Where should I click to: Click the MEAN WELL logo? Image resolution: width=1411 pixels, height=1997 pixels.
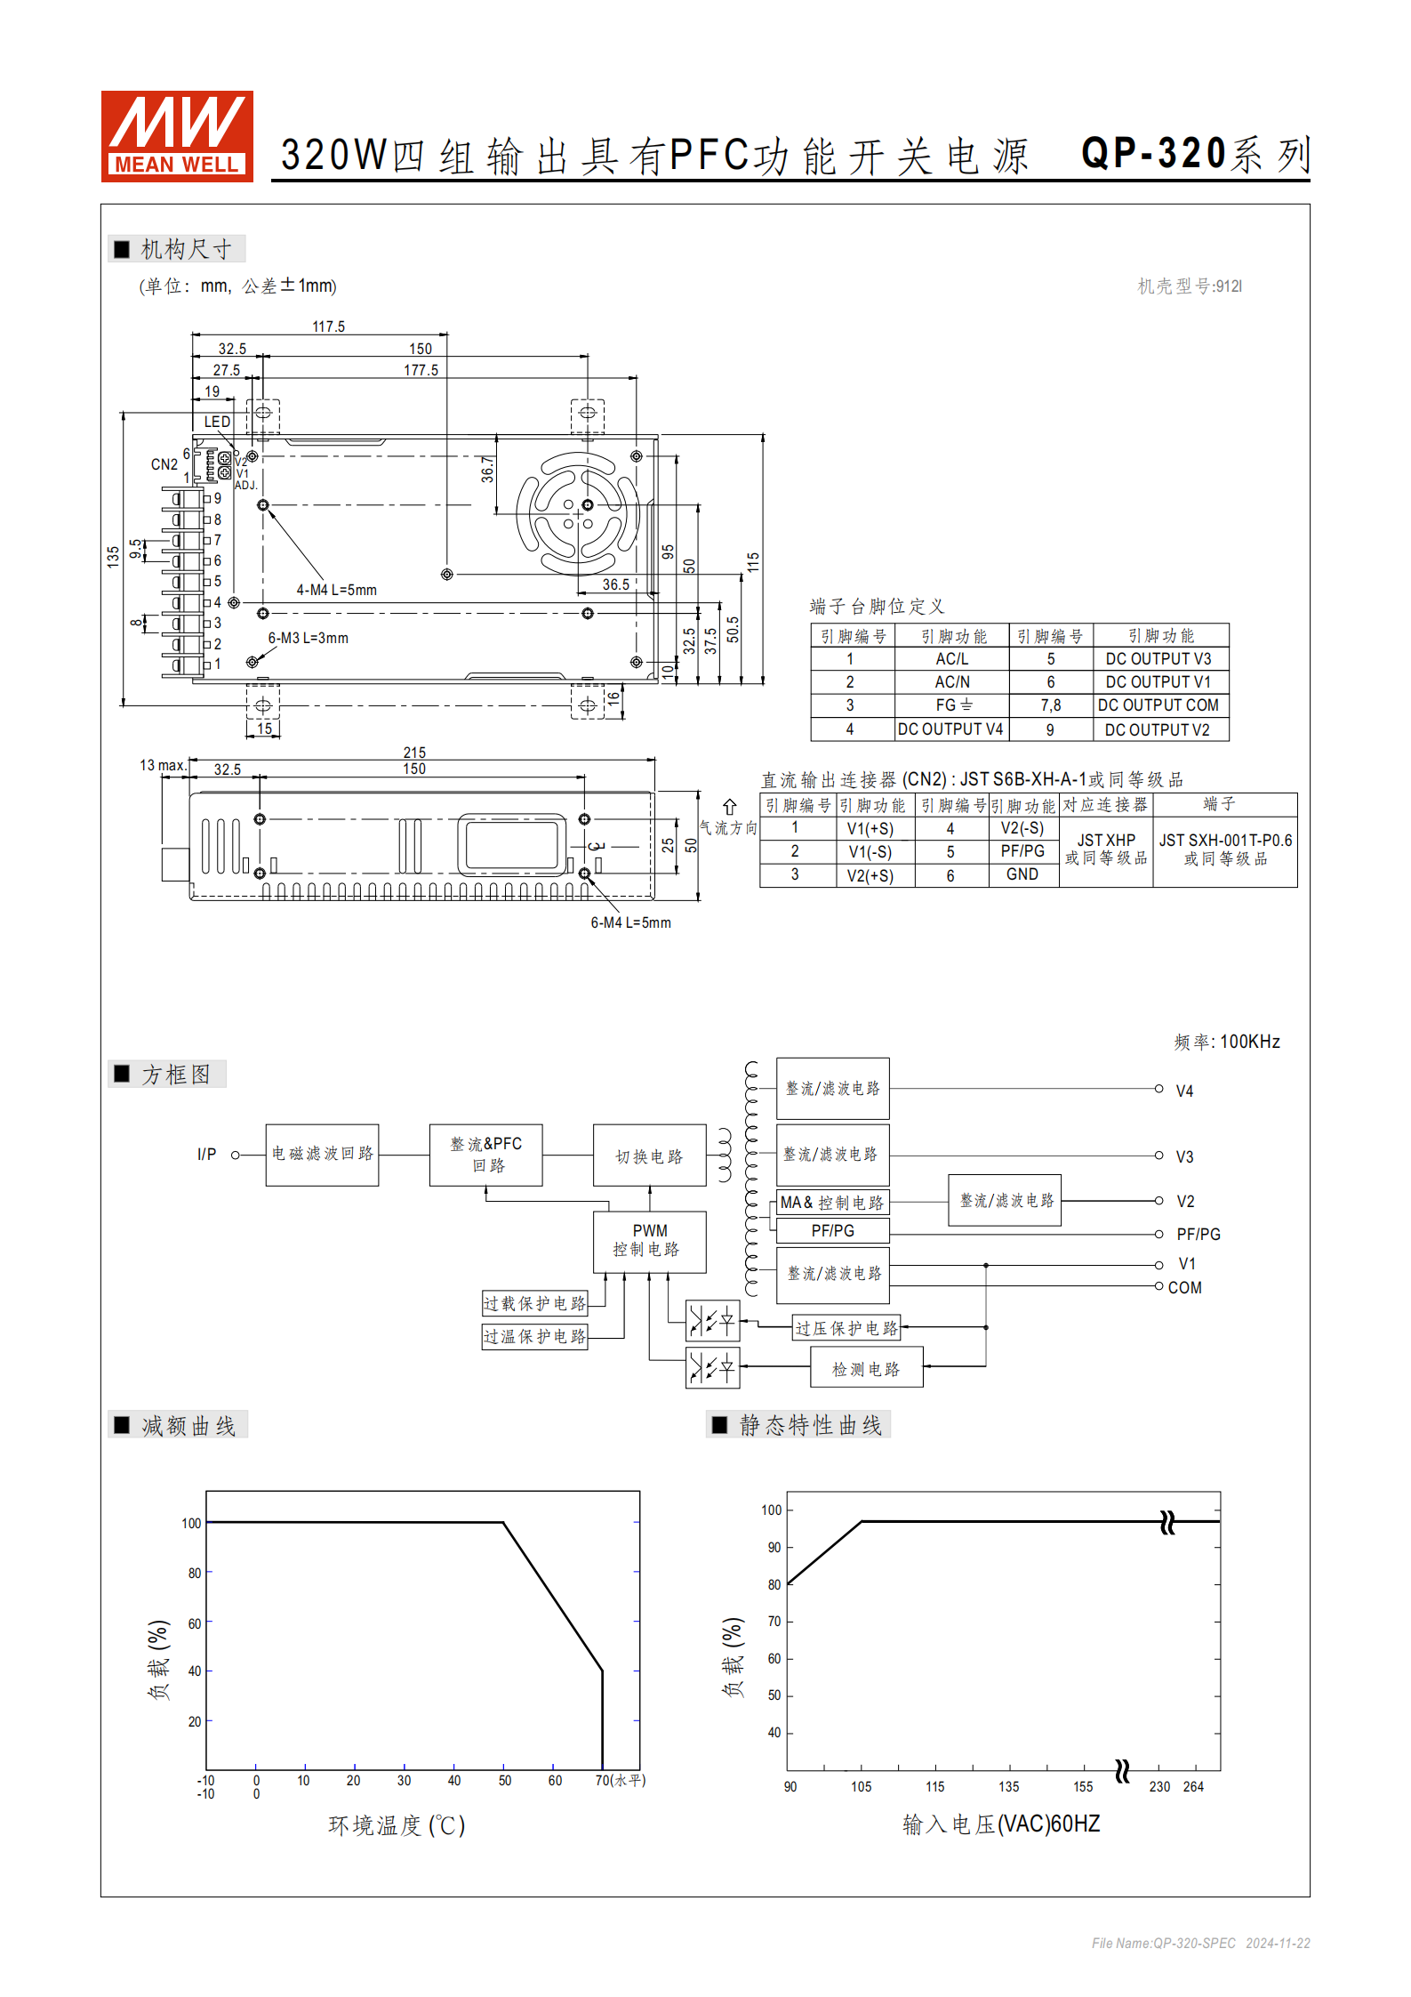point(177,136)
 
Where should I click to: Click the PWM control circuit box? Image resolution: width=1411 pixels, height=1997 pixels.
point(649,1240)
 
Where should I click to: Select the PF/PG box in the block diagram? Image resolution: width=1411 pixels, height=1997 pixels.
point(832,1231)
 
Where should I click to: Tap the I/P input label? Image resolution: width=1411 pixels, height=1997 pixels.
point(206,1155)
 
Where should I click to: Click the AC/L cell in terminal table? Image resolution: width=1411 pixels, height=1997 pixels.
point(951,659)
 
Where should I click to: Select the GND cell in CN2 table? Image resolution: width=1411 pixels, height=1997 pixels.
point(1022,874)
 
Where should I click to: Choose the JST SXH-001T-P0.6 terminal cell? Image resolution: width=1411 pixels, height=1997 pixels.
point(1224,850)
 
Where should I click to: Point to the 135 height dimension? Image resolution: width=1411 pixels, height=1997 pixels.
point(113,557)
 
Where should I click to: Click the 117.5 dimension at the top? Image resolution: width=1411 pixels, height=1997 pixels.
point(328,326)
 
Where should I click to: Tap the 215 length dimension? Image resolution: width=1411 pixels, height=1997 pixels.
point(414,753)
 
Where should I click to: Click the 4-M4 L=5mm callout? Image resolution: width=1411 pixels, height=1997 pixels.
point(336,590)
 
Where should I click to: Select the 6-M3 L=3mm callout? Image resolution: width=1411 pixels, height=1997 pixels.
point(308,638)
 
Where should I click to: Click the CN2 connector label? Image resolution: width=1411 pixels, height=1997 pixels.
point(164,464)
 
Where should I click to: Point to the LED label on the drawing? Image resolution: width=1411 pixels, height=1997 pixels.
point(217,422)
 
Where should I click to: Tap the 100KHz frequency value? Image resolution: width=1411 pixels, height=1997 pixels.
point(1249,1042)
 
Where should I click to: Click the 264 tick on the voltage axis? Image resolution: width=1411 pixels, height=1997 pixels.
point(1192,1787)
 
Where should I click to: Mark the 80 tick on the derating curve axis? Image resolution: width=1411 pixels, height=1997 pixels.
point(195,1574)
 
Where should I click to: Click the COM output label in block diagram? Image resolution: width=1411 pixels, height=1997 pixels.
point(1184,1288)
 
